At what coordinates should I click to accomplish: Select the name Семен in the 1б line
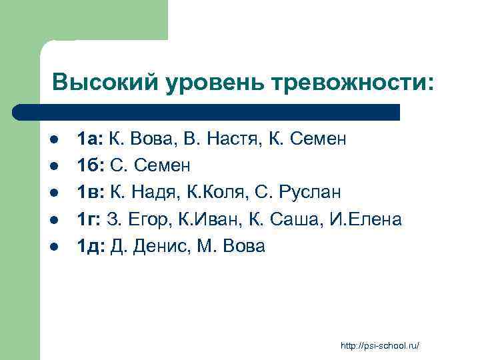[163, 166]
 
